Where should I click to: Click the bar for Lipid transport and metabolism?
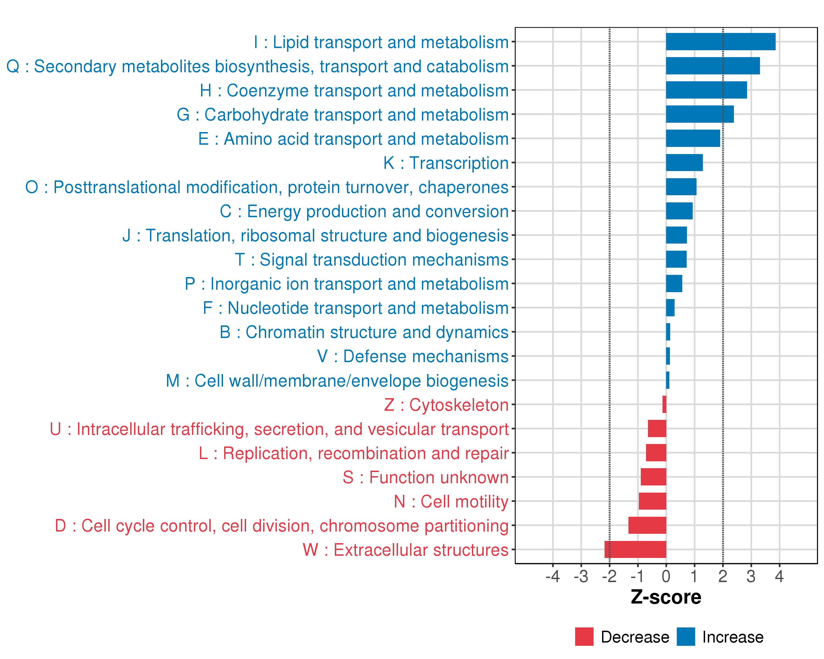coord(720,42)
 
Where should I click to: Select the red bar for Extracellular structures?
coord(635,549)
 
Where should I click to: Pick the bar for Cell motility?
coord(652,501)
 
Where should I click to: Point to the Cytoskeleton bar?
coord(664,404)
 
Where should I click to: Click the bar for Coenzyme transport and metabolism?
coord(706,90)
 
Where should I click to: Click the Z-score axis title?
coord(666,597)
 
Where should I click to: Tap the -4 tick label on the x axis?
coord(553,576)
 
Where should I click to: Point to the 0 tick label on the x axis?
coord(666,576)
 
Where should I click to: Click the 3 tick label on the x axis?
coord(751,576)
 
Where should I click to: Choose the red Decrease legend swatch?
coord(584,637)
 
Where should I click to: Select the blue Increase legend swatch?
coord(686,637)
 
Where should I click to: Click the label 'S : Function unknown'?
coord(425,478)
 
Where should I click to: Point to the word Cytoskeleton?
coord(459,405)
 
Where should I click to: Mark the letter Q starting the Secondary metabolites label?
coord(13,66)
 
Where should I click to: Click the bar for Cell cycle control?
coord(647,525)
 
